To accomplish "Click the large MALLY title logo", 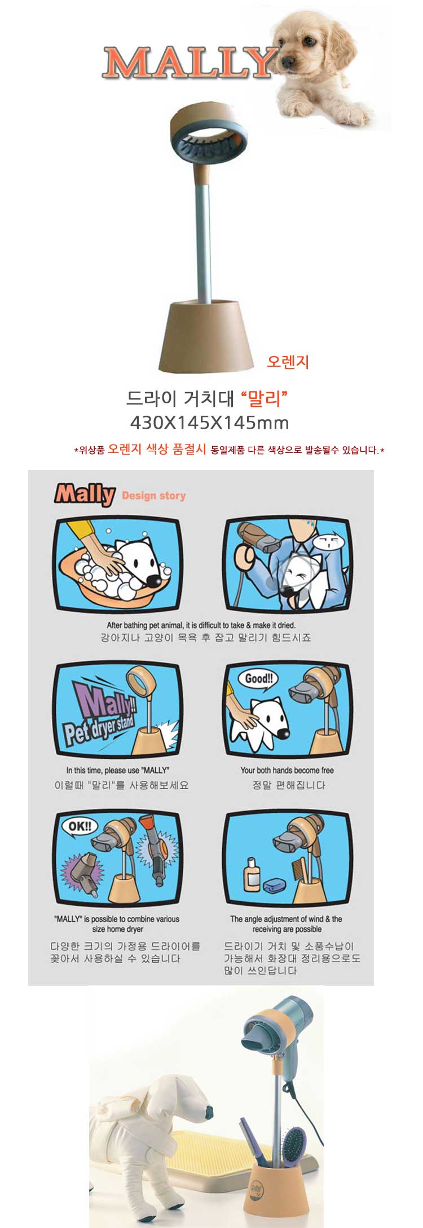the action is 190,63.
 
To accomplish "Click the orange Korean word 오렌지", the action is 288,362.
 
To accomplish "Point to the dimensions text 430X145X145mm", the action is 209,422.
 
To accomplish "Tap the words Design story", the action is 153,496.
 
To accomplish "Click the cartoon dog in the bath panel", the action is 138,566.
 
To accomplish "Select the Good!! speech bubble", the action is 258,679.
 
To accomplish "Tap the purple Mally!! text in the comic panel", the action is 102,702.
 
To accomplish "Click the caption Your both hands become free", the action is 287,770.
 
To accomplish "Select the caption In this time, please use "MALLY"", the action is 117,770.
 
